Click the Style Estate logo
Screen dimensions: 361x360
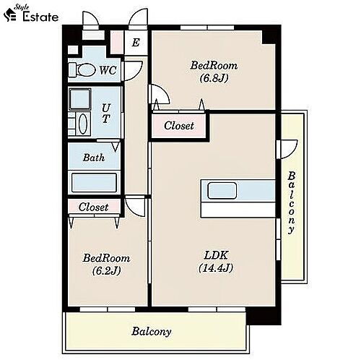click(31, 14)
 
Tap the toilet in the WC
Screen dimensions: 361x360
click(82, 70)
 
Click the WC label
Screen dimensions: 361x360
click(108, 70)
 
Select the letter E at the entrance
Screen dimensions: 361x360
click(136, 43)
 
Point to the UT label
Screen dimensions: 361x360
click(106, 113)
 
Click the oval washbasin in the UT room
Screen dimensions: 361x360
click(83, 124)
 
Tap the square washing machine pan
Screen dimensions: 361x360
click(80, 99)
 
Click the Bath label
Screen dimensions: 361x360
click(94, 158)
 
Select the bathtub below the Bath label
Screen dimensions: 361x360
click(94, 183)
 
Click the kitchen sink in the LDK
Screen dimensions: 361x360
click(222, 191)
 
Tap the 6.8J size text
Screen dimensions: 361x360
click(214, 78)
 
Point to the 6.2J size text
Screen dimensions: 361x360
click(106, 271)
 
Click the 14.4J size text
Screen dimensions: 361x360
click(216, 267)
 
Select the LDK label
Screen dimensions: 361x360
click(216, 255)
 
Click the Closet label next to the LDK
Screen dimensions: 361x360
click(179, 126)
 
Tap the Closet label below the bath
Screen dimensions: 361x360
click(93, 207)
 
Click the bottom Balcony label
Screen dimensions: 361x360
click(152, 332)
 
